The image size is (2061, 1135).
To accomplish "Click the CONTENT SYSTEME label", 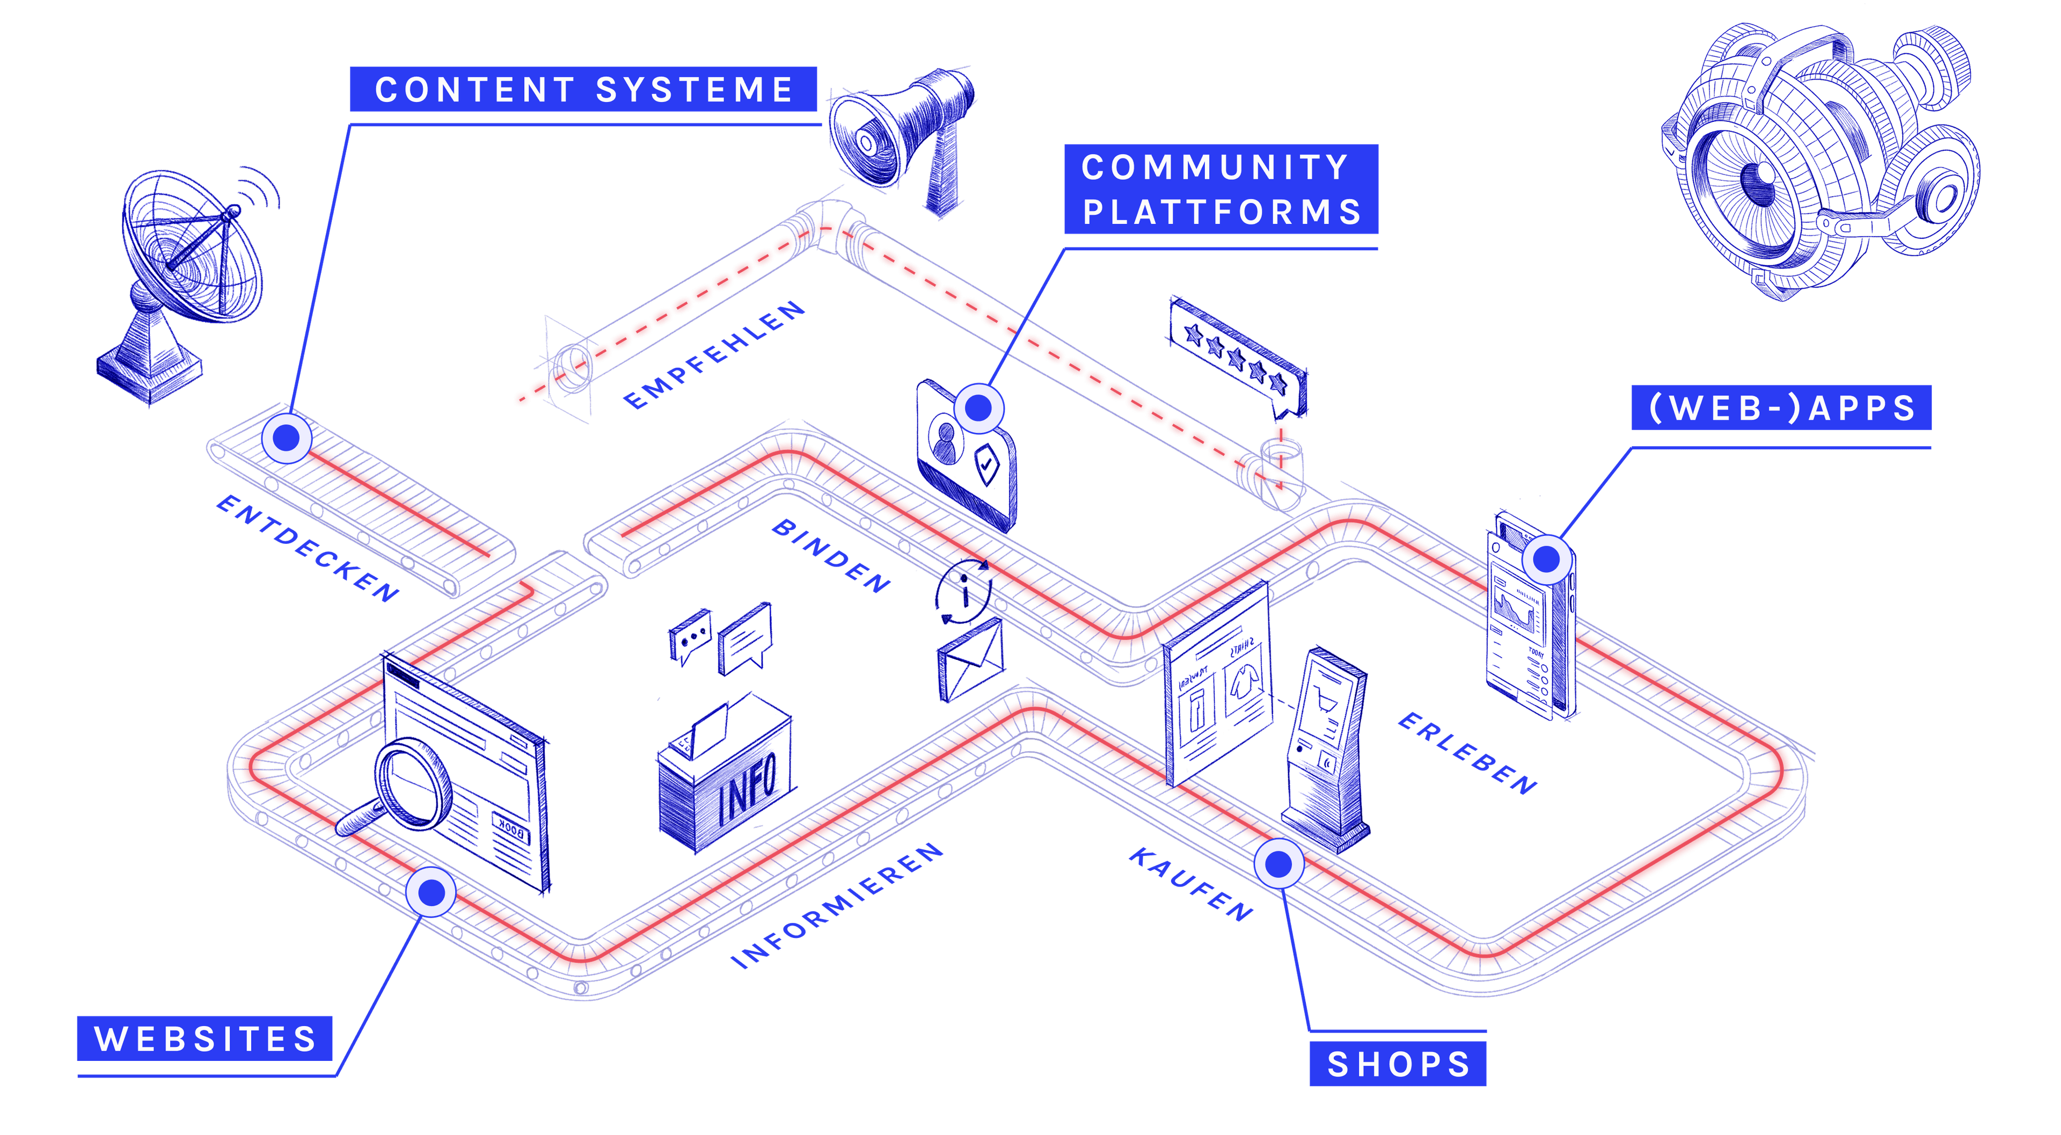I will (x=583, y=89).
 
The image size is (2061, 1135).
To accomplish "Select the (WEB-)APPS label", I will (x=1781, y=408).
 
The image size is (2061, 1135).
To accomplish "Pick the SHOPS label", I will (x=1398, y=1064).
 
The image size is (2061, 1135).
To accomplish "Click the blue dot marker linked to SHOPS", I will (x=1278, y=864).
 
